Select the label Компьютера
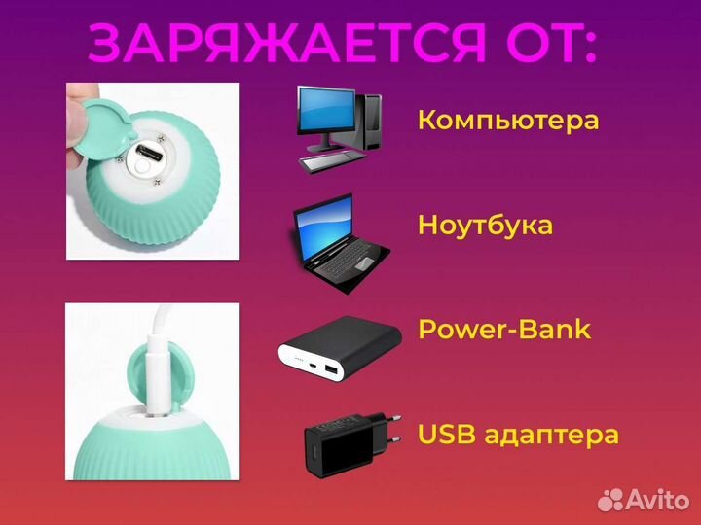pos(507,121)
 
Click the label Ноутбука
pos(485,226)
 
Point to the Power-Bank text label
pos(503,329)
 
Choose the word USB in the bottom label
pos(446,434)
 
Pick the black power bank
pos(340,346)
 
